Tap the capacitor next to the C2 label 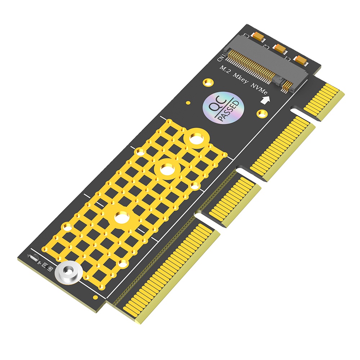pyautogui.click(x=279, y=48)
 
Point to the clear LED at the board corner pyautogui.click(x=33, y=258)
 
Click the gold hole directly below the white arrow pyautogui.click(x=262, y=114)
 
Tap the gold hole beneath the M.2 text pyautogui.click(x=207, y=82)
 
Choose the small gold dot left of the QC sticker pyautogui.click(x=188, y=103)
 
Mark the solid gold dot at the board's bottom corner pyautogui.click(x=95, y=297)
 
